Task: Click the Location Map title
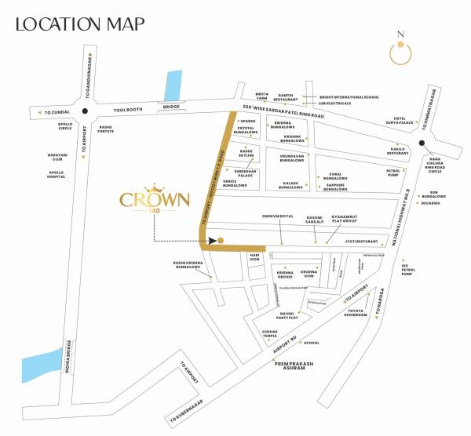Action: (80, 24)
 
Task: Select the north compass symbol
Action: (402, 51)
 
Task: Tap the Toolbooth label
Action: (126, 110)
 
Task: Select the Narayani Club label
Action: (55, 158)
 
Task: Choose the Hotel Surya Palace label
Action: (401, 122)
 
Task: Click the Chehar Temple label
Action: (272, 334)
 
